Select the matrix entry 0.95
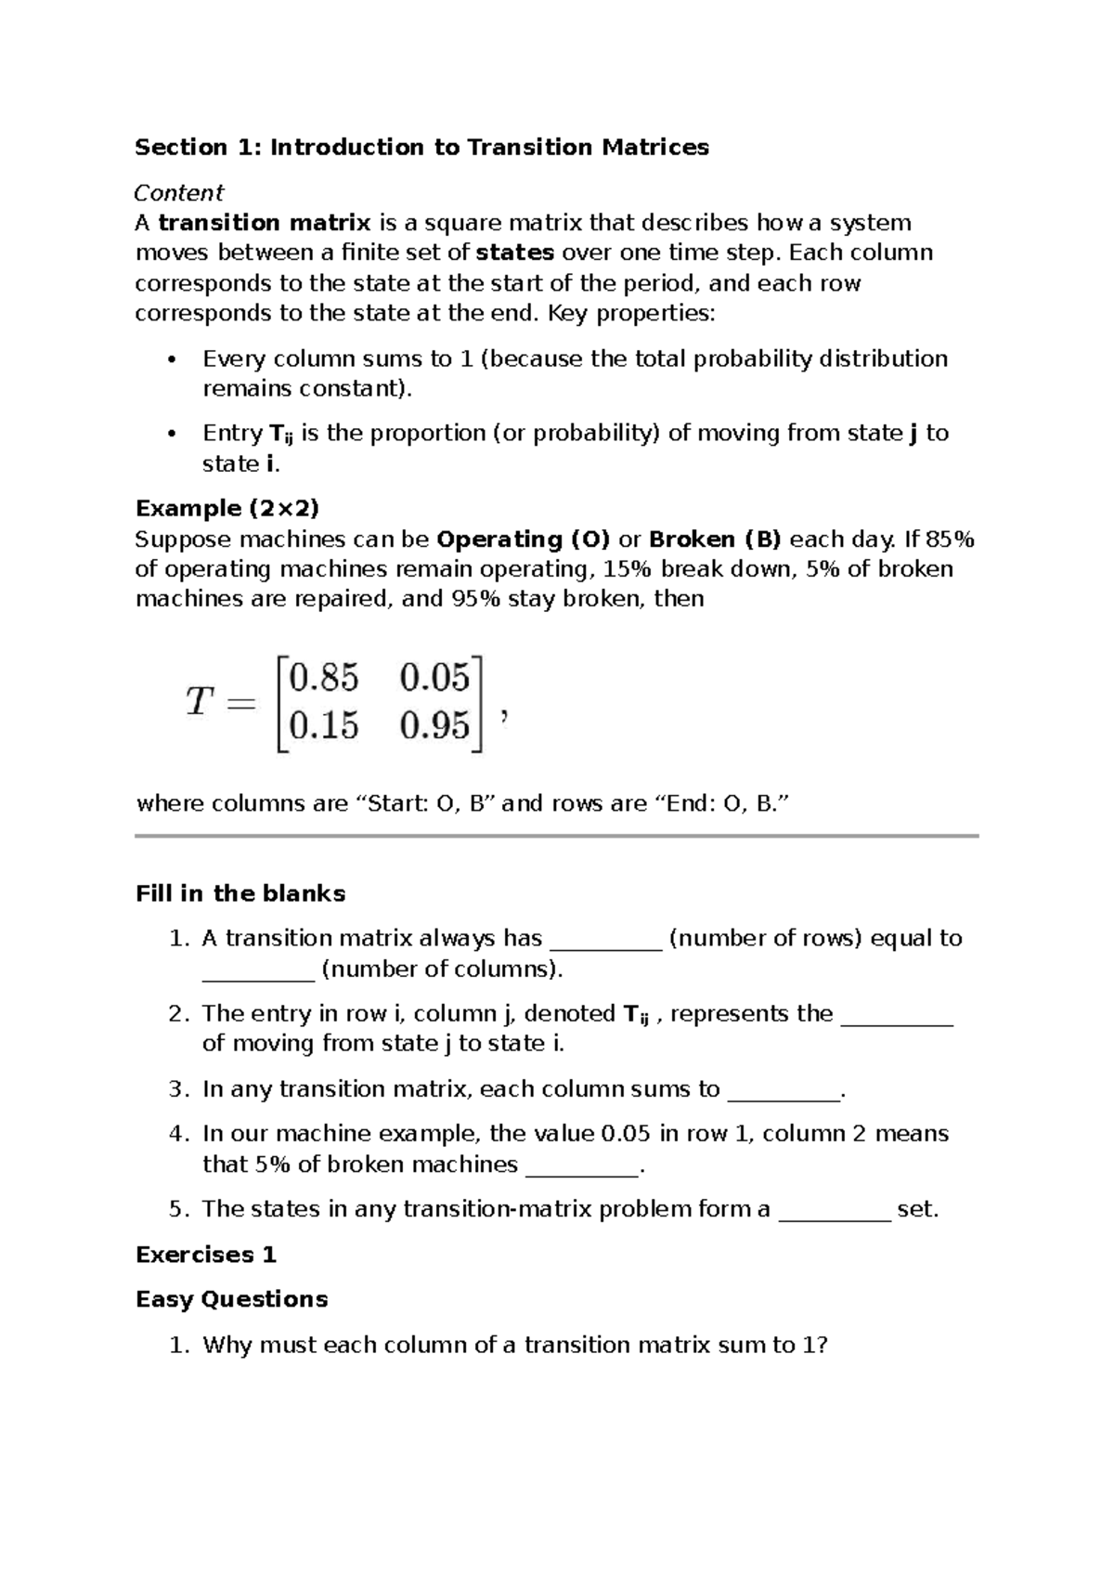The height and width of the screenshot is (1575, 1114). (435, 725)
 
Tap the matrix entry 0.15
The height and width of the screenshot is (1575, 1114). (324, 725)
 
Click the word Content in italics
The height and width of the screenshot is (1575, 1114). (178, 192)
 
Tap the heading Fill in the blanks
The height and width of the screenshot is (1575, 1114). (240, 893)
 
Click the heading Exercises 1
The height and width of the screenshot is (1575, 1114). (206, 1255)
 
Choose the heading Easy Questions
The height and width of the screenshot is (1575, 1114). (232, 1298)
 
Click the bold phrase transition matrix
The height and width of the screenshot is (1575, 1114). (265, 223)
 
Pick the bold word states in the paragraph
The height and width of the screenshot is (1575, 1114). (514, 253)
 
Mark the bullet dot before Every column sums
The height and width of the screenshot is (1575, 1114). (170, 360)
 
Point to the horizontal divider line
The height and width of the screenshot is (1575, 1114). (557, 837)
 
